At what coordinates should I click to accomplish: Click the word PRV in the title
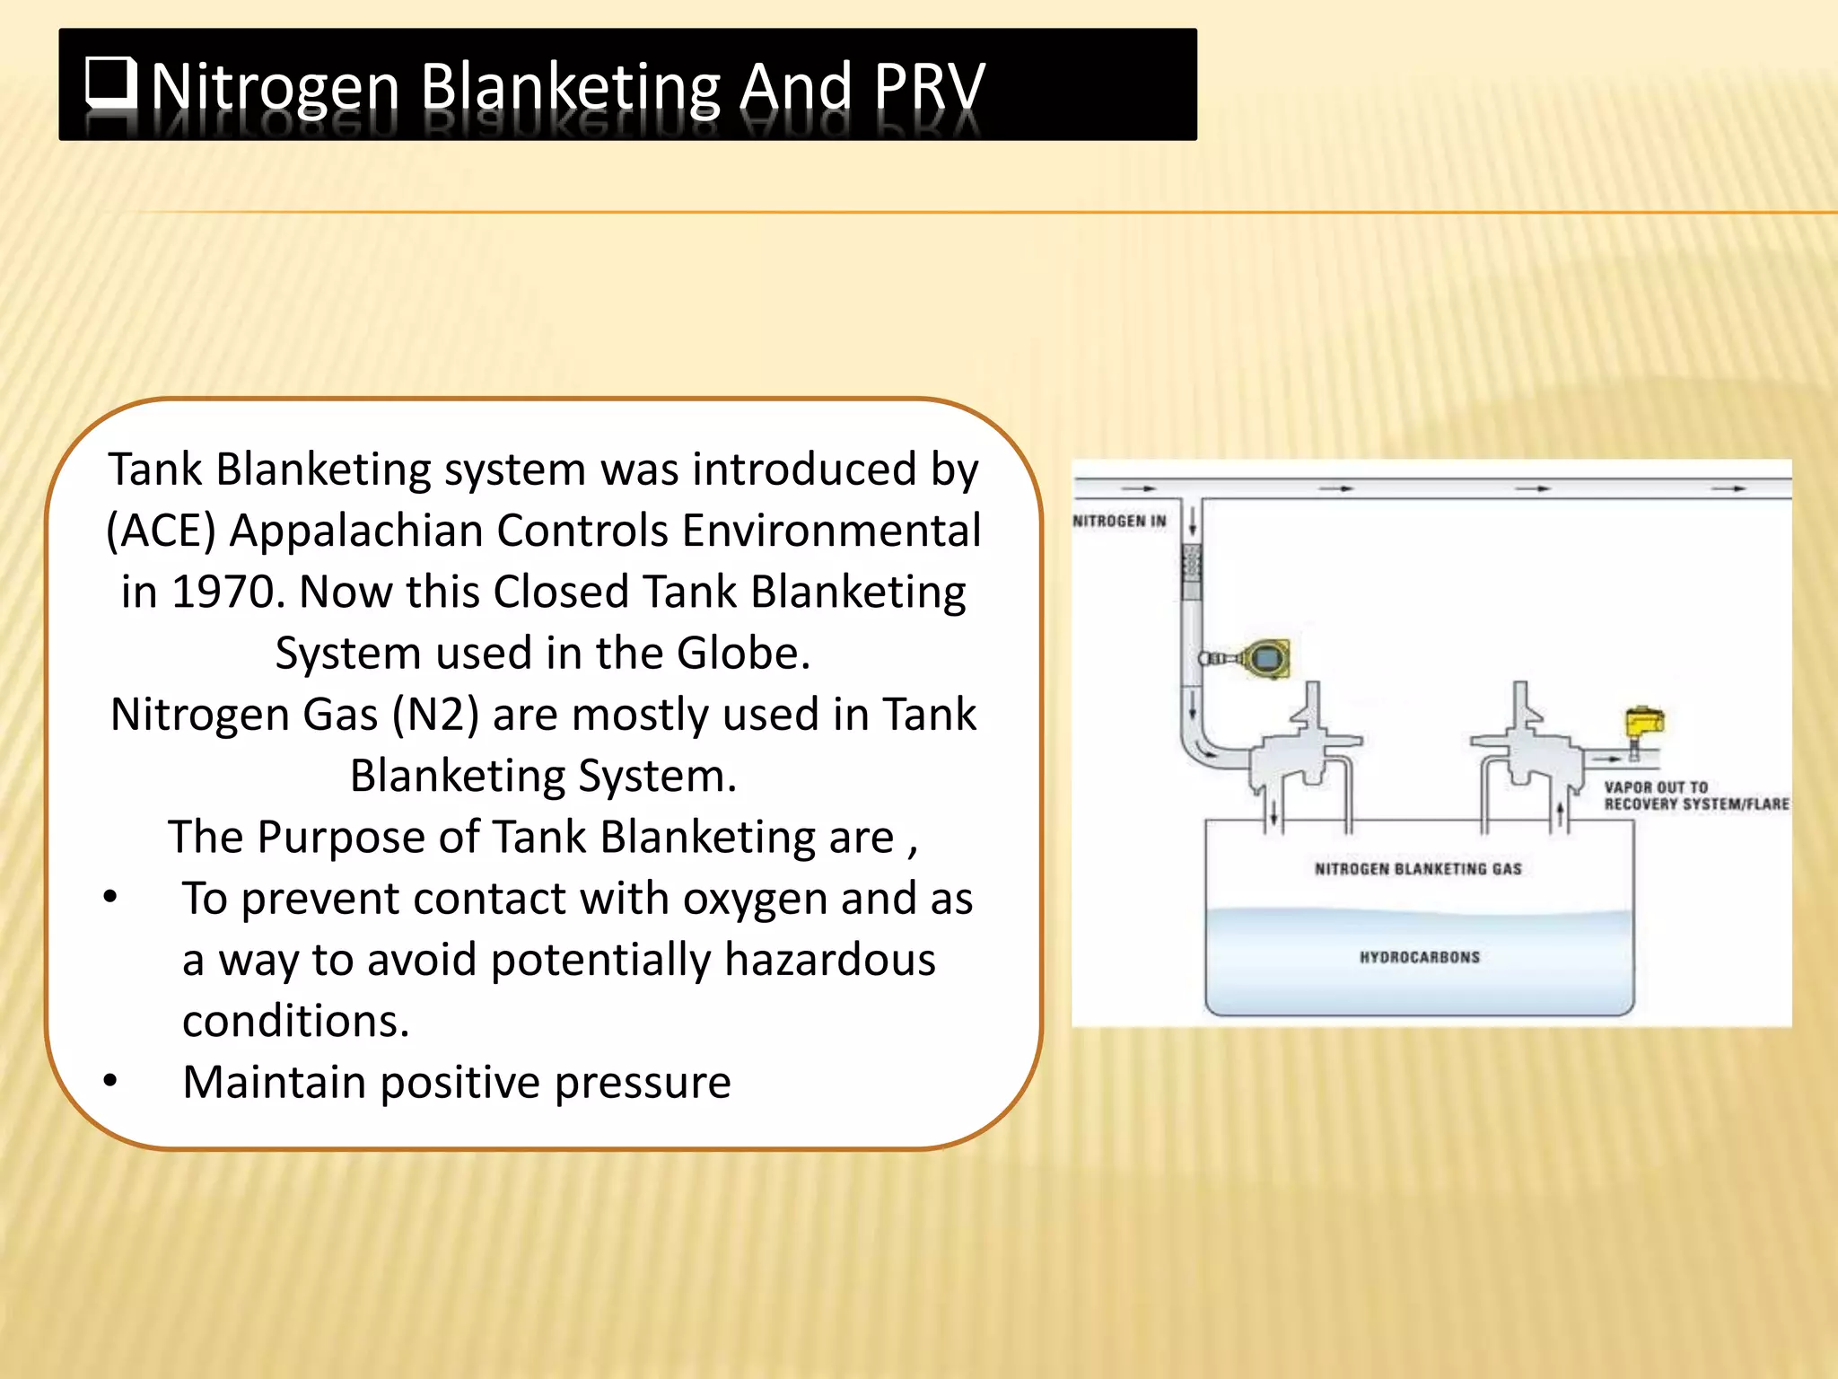[x=929, y=87]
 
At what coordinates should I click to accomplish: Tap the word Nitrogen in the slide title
[x=275, y=87]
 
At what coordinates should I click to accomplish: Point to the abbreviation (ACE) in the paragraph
[x=161, y=531]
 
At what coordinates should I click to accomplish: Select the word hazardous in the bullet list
[x=830, y=960]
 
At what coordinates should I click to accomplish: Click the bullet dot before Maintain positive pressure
[x=110, y=1080]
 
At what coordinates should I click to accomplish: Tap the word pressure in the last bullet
[x=643, y=1083]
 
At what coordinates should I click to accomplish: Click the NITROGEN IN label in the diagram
[x=1119, y=521]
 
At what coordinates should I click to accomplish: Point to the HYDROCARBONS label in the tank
[x=1419, y=957]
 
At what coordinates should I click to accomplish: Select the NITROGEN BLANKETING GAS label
[x=1418, y=868]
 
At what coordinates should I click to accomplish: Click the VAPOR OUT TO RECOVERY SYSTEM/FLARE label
[x=1695, y=795]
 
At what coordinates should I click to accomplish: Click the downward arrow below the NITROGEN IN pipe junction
[x=1192, y=522]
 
